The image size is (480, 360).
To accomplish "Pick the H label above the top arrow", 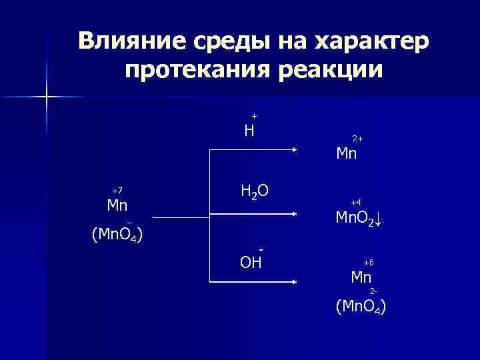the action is tap(249, 131).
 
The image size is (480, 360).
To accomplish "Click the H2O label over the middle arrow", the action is tap(254, 193).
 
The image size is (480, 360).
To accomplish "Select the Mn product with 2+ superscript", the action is tap(347, 154).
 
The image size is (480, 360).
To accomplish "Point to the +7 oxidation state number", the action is tap(118, 191).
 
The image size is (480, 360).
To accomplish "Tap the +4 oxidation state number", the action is tap(356, 202).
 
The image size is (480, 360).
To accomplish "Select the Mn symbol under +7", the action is tap(117, 205).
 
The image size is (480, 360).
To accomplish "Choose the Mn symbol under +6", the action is tap(362, 277).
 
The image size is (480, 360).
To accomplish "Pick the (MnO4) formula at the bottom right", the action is tap(361, 307).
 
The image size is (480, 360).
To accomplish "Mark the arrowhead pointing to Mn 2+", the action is tap(294, 152).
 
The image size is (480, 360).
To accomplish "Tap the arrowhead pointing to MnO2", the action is tap(294, 214).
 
